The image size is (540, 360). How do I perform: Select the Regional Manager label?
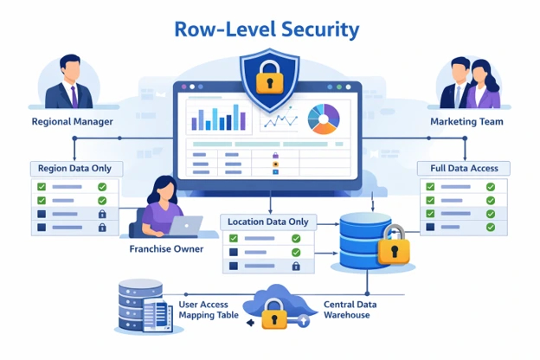(72, 122)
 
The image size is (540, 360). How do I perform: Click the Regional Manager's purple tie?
(74, 93)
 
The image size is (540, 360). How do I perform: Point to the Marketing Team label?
(466, 122)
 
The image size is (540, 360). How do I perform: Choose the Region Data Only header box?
(75, 168)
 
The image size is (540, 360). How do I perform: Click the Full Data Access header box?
(464, 168)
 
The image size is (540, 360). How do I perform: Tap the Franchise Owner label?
(166, 249)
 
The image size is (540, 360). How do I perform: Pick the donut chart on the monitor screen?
(324, 119)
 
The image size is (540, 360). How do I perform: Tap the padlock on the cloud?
(275, 315)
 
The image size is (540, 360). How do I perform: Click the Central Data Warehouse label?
(350, 310)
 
